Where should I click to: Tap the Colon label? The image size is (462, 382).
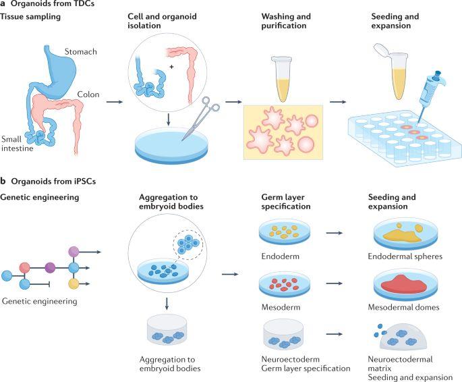[x=88, y=94]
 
